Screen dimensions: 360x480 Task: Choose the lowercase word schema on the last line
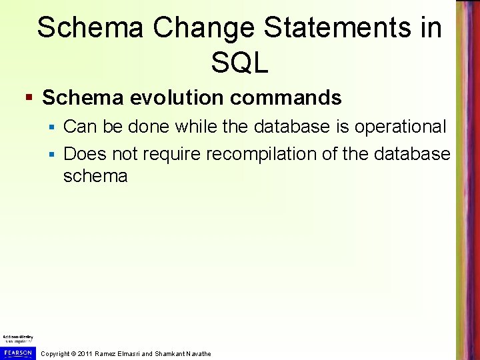[x=95, y=176]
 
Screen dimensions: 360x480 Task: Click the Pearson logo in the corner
[x=17, y=353]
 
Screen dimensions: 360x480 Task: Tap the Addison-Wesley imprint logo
[x=17, y=338]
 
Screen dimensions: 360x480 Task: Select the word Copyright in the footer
[x=55, y=353]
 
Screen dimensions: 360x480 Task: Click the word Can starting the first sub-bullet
[x=79, y=126]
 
